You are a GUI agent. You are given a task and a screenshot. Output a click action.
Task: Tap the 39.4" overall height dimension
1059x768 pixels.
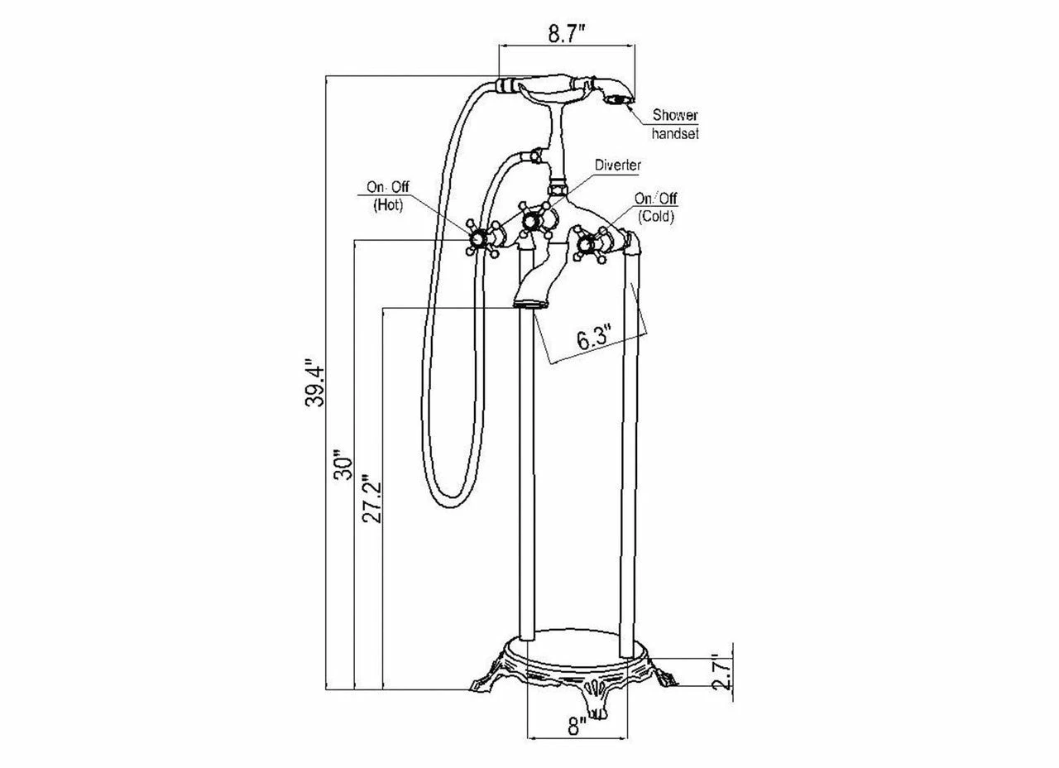click(x=314, y=382)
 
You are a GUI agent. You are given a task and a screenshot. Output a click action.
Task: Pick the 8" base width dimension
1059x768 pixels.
click(x=577, y=727)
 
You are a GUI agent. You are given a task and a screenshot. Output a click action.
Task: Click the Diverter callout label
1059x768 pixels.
click(x=618, y=166)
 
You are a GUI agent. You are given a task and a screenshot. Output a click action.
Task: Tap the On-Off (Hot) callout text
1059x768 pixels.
click(x=387, y=196)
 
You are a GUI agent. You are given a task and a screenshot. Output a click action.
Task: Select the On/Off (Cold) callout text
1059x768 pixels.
click(x=655, y=208)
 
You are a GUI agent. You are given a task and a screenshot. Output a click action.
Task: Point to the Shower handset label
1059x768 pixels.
click(x=675, y=123)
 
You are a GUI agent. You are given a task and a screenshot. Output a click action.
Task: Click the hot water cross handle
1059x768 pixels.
click(x=477, y=240)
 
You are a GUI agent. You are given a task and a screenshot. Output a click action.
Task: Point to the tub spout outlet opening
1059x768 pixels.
click(x=526, y=305)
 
